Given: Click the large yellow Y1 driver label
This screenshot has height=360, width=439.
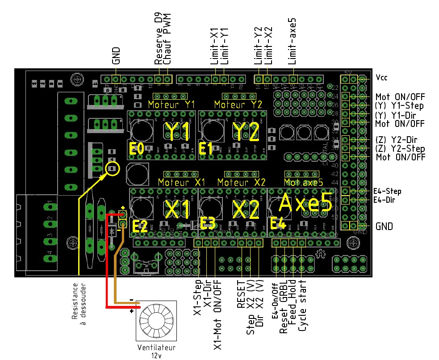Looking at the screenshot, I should pos(178,131).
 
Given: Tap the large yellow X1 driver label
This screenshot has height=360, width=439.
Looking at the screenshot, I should pos(179,209).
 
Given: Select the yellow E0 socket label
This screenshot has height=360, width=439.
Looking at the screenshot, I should pos(136,149).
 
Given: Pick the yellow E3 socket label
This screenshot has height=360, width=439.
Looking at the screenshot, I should pos(208,223).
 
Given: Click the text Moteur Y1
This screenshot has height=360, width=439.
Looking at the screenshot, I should pos(171,105).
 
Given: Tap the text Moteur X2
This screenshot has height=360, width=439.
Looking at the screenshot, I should pos(241,182).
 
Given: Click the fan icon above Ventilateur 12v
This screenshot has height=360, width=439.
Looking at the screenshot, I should pos(156,321).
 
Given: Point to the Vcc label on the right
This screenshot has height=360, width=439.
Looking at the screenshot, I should pos(382,77).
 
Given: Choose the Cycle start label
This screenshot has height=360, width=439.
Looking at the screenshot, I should pos(303,306).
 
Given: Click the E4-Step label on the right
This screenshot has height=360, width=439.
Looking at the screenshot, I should pos(387,191).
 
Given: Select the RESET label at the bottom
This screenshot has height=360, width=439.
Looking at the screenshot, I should pos(241,295).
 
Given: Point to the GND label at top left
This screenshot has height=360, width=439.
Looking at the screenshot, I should pos(116,55).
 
